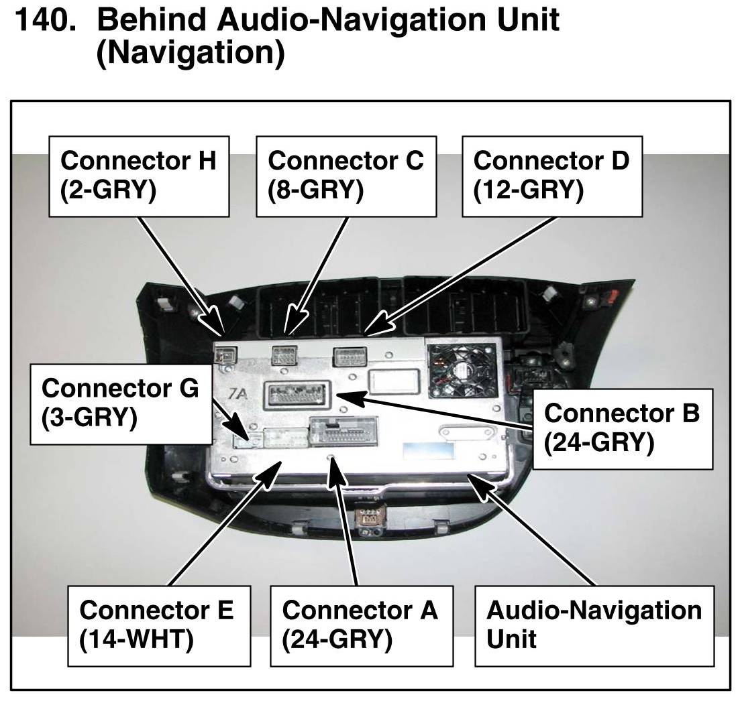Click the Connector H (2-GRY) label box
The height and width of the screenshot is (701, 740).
(x=140, y=176)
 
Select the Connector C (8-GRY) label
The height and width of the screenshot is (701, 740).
(x=346, y=176)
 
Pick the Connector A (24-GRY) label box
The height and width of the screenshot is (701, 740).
(x=360, y=625)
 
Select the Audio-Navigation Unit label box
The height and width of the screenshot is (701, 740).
(x=594, y=625)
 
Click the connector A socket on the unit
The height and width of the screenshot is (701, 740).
(x=343, y=434)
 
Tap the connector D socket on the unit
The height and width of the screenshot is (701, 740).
(x=349, y=355)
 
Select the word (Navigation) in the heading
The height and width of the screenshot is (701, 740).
(x=191, y=52)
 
